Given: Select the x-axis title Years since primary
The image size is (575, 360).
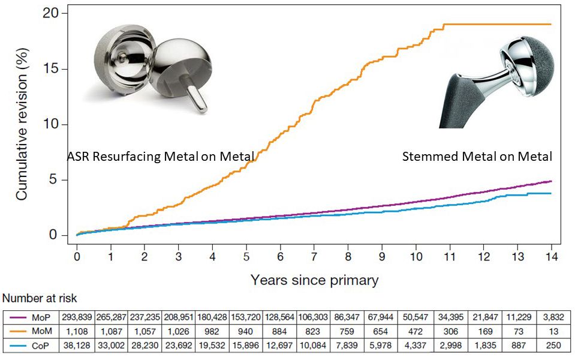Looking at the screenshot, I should pyautogui.click(x=314, y=280).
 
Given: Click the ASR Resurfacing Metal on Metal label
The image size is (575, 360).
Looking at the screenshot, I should pyautogui.click(x=161, y=157).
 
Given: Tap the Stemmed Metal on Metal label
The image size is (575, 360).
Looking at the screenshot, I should pyautogui.click(x=477, y=157).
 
